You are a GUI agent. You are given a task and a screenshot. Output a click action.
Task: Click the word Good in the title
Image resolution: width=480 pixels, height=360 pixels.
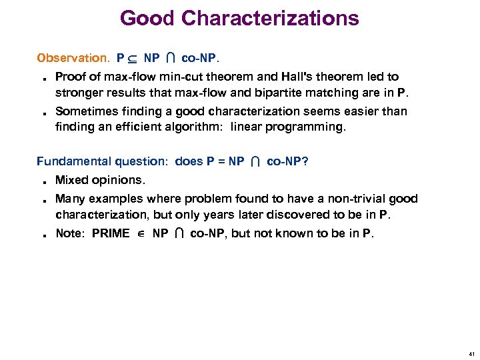(147, 18)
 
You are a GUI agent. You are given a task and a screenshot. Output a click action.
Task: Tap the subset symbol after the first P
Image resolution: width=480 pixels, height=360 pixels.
(132, 59)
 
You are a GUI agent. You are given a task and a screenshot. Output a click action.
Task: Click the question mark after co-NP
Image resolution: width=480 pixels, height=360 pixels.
(305, 161)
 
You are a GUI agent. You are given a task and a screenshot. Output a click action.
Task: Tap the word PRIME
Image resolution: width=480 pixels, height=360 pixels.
(111, 233)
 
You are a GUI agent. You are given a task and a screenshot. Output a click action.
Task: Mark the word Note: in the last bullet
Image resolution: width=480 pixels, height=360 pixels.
(71, 233)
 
